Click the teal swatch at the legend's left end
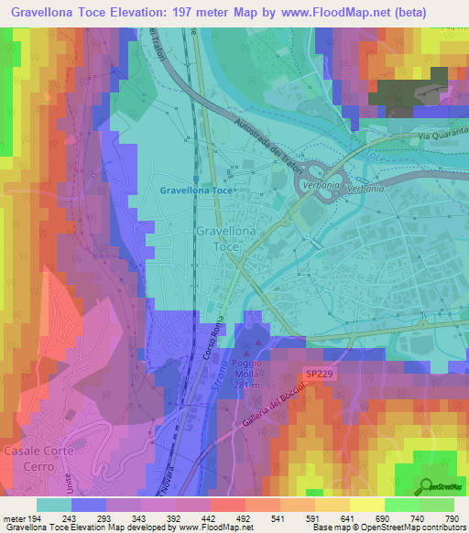[x=53, y=504]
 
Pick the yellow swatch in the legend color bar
[x=331, y=504]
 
